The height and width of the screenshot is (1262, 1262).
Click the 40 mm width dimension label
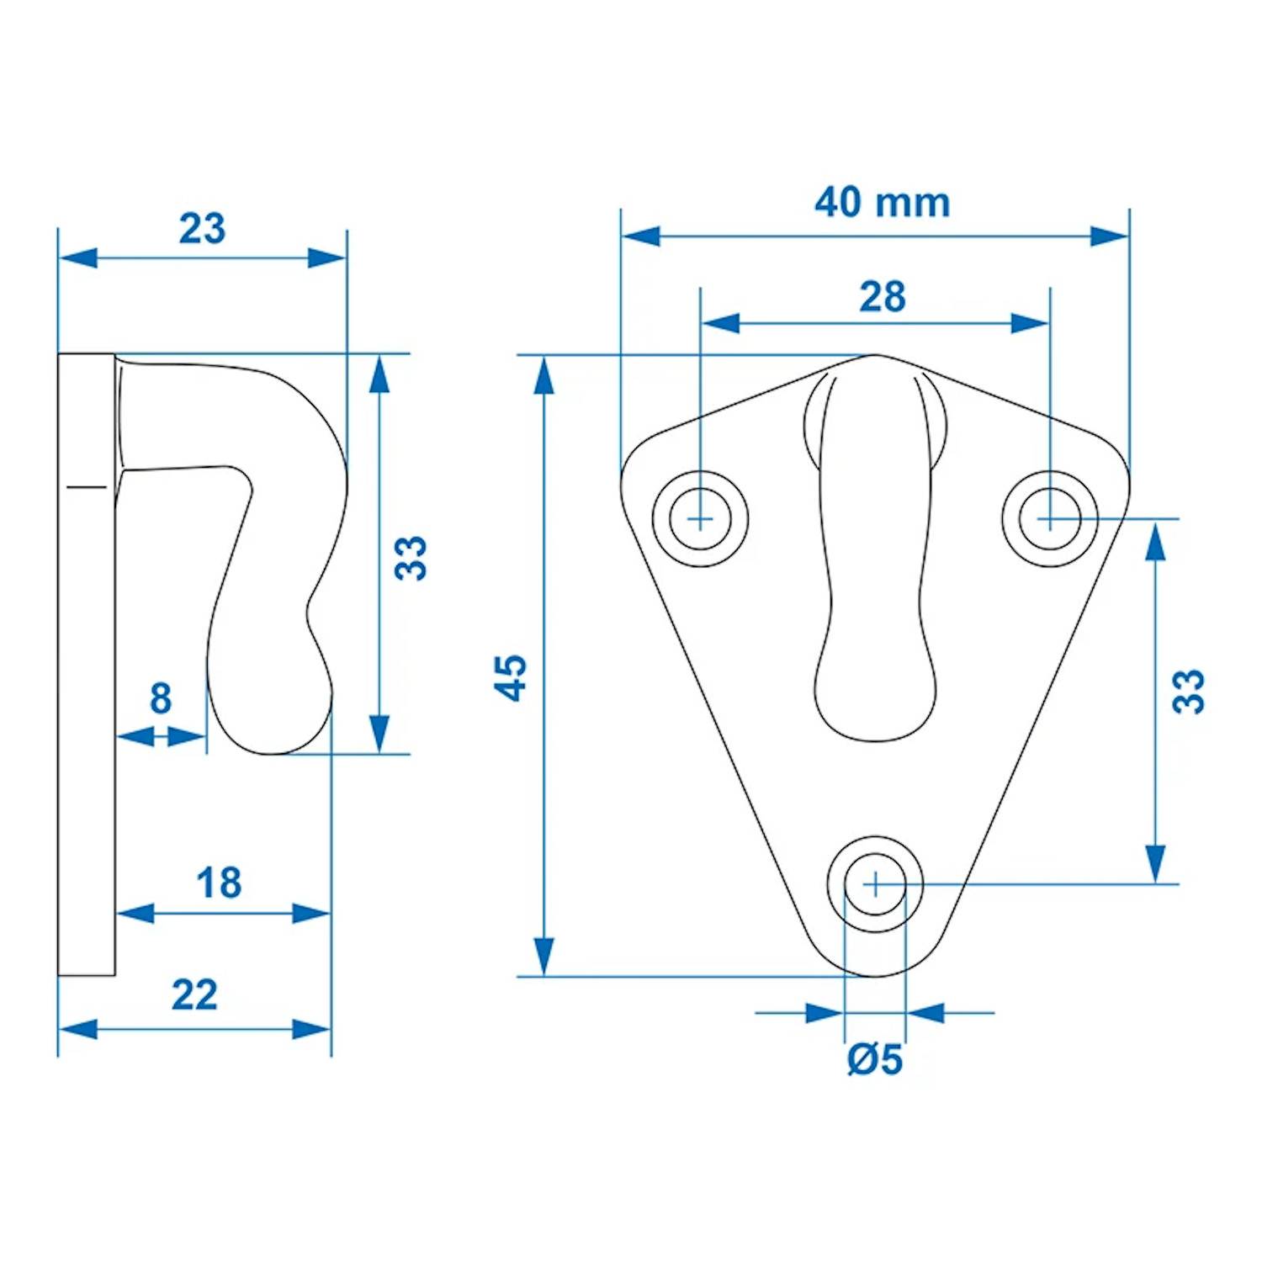[882, 203]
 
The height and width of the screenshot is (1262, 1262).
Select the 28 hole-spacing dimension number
[882, 297]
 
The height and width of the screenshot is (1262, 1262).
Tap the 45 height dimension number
[510, 677]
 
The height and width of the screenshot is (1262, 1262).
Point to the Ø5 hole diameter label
[875, 1059]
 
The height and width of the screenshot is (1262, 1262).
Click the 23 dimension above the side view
[202, 229]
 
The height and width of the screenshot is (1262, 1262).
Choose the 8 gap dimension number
[161, 698]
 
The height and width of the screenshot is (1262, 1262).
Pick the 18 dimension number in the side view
[219, 883]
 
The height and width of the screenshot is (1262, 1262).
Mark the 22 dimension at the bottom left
[194, 995]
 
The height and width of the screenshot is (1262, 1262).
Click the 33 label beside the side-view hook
[411, 558]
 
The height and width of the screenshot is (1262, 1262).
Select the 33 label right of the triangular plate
[1189, 692]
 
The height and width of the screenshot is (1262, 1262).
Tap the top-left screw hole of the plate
[700, 518]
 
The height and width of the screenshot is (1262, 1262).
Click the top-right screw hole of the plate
[1049, 518]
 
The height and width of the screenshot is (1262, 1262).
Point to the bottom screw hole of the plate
[875, 884]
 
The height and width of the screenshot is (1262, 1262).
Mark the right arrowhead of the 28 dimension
[1030, 323]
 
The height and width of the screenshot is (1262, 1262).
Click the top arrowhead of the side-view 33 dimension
[379, 375]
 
